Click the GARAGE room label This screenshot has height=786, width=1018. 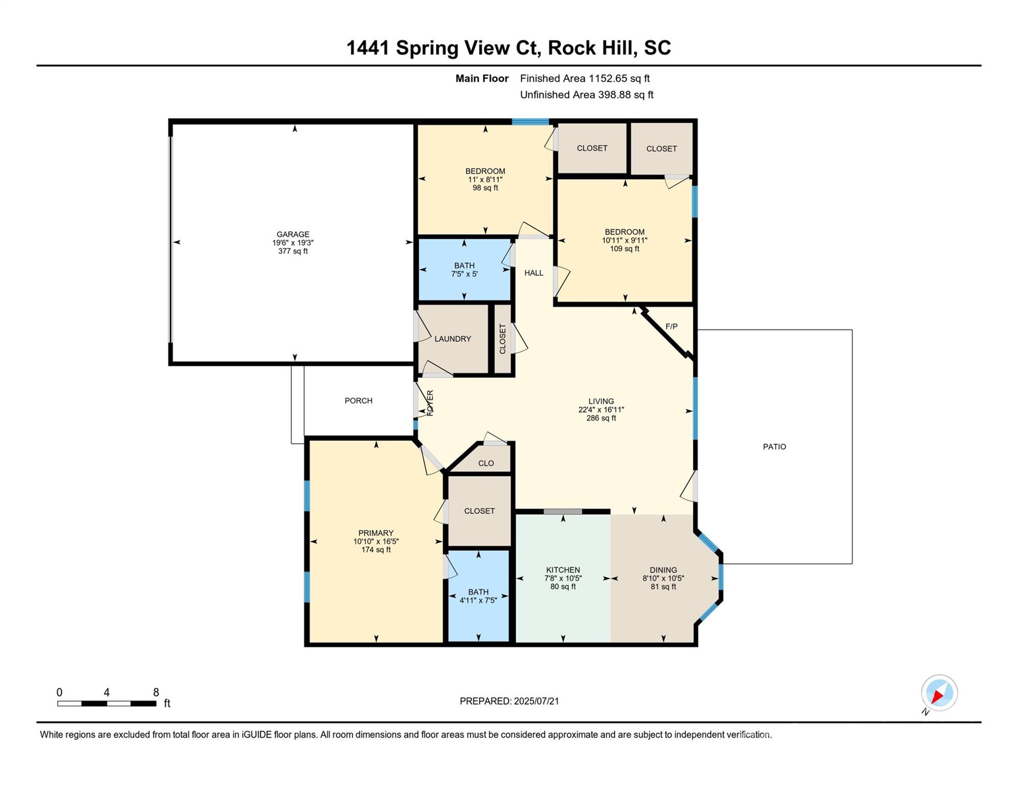pos(293,234)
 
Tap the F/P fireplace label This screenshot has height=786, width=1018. pos(671,326)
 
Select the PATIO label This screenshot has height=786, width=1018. pos(774,447)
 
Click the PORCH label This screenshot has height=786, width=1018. pos(358,401)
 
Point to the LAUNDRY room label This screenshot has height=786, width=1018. pos(453,339)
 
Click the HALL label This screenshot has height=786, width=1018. pos(534,273)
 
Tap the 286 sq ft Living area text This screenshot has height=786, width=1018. pos(601,418)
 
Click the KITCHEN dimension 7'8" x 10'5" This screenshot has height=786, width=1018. pos(563,578)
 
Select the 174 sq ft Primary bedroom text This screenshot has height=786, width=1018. pos(376,550)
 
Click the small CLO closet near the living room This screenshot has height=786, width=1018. pos(486,463)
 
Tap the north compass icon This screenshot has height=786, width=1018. pos(940,693)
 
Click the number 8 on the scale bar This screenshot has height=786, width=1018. pos(156,692)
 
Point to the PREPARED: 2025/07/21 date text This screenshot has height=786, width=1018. pos(509,701)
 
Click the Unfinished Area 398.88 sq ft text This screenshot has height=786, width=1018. pos(586,95)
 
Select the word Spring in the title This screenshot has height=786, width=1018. pos(427,48)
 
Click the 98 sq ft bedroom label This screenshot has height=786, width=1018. pos(485,188)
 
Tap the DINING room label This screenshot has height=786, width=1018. pos(663,570)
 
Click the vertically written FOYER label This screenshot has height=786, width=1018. pos(430,403)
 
